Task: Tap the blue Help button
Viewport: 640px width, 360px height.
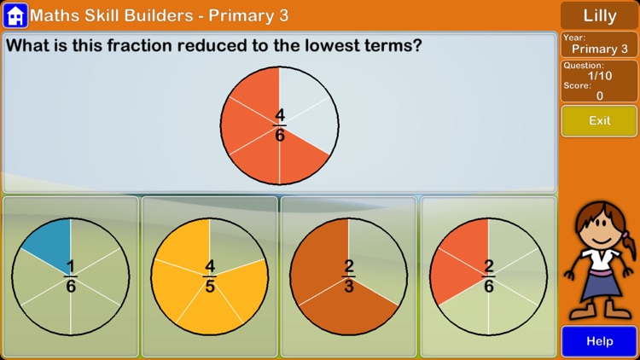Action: tap(599, 341)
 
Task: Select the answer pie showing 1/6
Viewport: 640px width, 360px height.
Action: tap(71, 276)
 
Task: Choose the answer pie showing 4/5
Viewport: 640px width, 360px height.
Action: tap(209, 276)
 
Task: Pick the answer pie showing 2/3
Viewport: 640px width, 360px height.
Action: tap(348, 276)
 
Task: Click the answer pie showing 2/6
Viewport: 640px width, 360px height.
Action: tap(488, 276)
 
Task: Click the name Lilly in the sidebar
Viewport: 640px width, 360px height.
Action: tap(599, 15)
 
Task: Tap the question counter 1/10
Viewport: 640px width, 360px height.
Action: tap(599, 75)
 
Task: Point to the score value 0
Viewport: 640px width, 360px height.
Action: tap(599, 96)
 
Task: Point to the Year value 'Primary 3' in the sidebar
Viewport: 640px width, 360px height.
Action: tap(599, 49)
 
